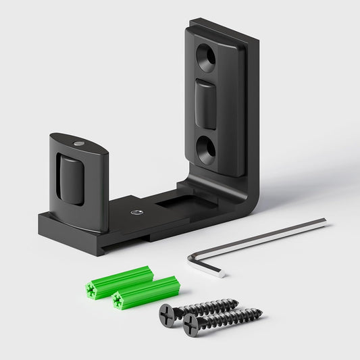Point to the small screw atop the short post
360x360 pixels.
click(79, 143)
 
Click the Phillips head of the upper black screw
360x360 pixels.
click(169, 312)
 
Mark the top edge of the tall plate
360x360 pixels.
click(223, 26)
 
